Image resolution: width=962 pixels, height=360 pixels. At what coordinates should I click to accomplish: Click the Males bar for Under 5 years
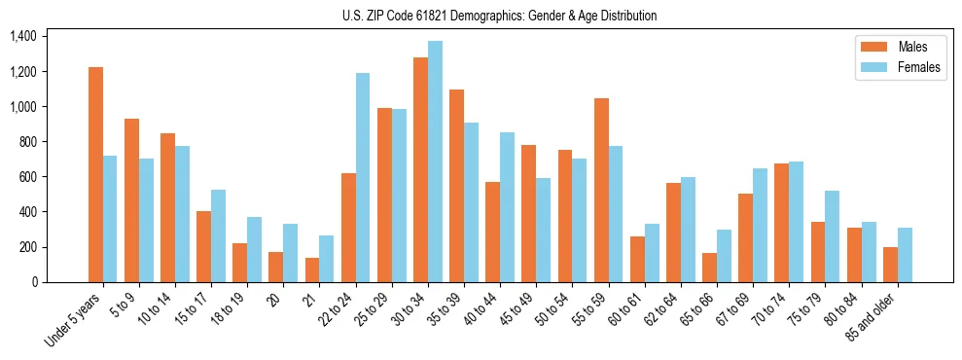coord(95,175)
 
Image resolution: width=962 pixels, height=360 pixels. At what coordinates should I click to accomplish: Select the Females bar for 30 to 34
coord(435,162)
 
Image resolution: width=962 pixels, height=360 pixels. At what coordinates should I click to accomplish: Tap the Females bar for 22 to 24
coord(363,178)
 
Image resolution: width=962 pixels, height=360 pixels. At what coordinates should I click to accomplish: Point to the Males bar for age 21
coord(312,270)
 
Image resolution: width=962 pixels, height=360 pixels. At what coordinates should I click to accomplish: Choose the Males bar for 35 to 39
coord(456,186)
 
